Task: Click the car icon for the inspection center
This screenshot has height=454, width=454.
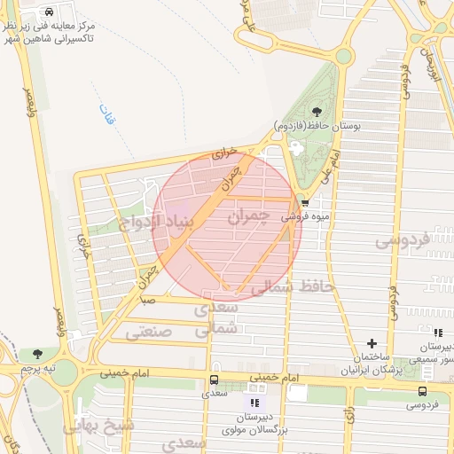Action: click(x=49, y=12)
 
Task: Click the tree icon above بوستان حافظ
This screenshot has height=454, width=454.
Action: click(x=317, y=113)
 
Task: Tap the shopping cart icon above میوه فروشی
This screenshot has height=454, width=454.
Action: click(x=305, y=202)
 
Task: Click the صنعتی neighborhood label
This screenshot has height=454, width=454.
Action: click(x=147, y=333)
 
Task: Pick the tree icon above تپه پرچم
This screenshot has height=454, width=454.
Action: click(x=36, y=355)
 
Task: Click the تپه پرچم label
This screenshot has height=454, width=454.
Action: click(x=38, y=367)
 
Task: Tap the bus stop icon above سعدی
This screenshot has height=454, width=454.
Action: click(x=213, y=379)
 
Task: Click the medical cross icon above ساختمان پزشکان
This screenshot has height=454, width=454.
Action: click(x=372, y=343)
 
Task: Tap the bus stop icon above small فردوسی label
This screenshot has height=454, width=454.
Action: click(x=421, y=391)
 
